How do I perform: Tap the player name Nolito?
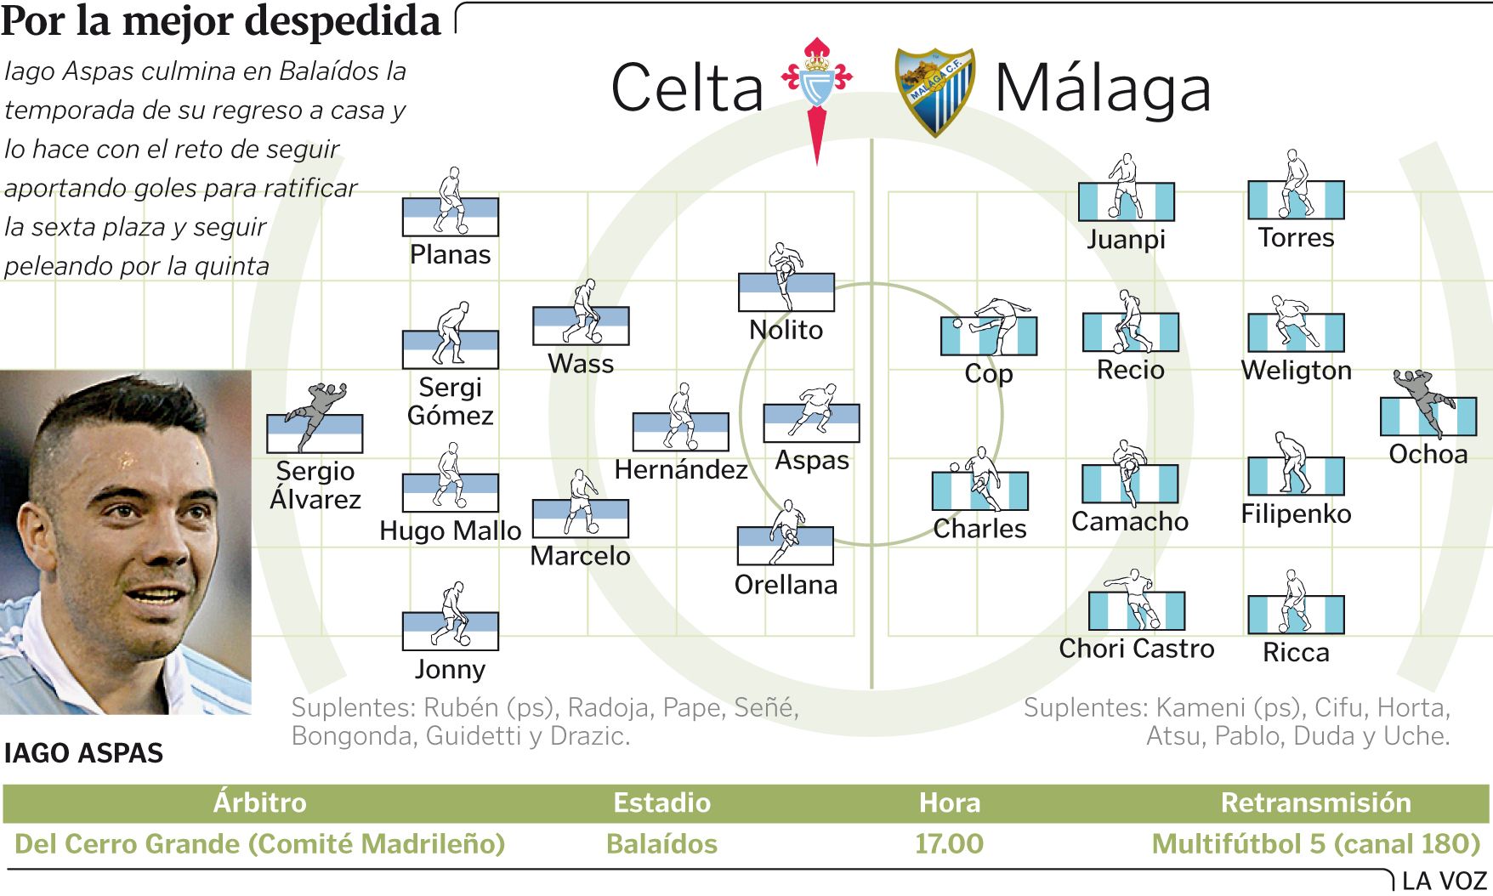tap(786, 330)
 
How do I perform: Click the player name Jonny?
tap(450, 670)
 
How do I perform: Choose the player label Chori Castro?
tap(1137, 649)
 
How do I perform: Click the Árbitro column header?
tap(259, 802)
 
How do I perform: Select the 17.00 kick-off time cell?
tap(949, 844)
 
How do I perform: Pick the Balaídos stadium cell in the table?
tap(661, 844)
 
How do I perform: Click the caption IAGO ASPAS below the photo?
tap(83, 753)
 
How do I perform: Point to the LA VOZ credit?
tap(1444, 882)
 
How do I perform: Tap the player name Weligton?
tap(1296, 371)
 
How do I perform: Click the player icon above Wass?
tap(581, 313)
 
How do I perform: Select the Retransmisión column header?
tap(1315, 802)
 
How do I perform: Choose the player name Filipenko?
tap(1296, 514)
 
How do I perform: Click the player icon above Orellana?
tap(786, 534)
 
